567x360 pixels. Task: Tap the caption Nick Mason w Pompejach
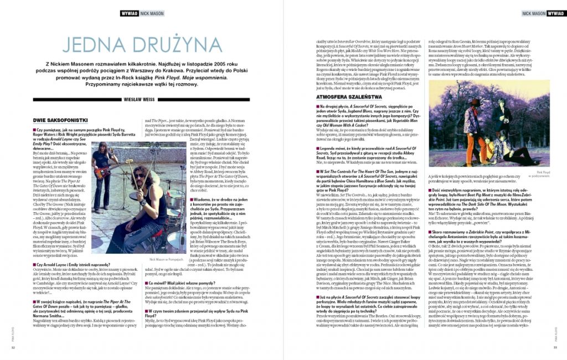tap(166, 259)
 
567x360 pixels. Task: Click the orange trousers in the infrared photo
tap(470, 150)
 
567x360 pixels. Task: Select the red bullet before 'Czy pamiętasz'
tap(34, 131)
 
